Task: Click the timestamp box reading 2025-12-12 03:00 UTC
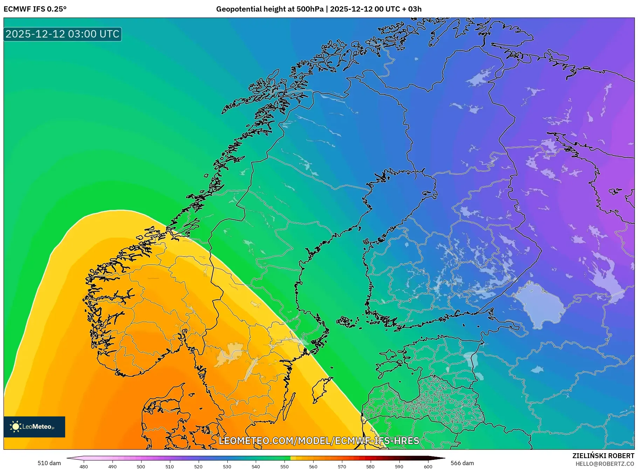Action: coord(62,34)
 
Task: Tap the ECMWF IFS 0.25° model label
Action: coord(35,9)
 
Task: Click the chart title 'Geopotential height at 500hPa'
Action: coord(270,9)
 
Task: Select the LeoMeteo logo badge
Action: coord(34,427)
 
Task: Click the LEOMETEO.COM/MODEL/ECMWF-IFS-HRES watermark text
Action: coord(319,441)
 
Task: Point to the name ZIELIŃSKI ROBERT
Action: coord(603,456)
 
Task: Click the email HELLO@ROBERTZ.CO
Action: coord(605,464)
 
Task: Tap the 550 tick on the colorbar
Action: coord(284,466)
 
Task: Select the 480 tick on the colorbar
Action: coord(84,466)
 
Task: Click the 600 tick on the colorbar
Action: coord(428,466)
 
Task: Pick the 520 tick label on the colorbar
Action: coord(198,466)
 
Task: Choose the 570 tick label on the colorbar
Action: coord(342,466)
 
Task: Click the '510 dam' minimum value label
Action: coord(49,463)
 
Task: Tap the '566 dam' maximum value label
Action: coord(462,463)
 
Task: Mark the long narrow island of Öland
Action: coord(289,407)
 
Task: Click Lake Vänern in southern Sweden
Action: coord(229,354)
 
